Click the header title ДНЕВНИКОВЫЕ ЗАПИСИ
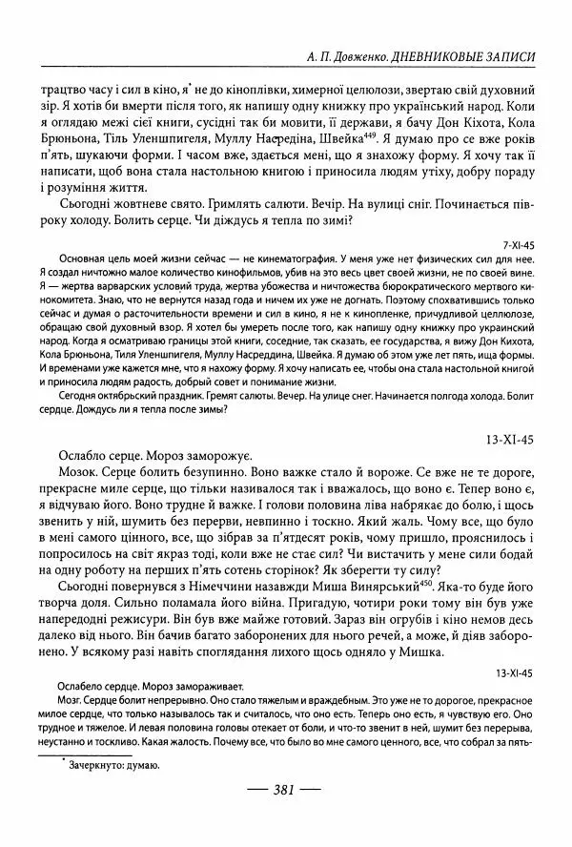(x=475, y=57)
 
